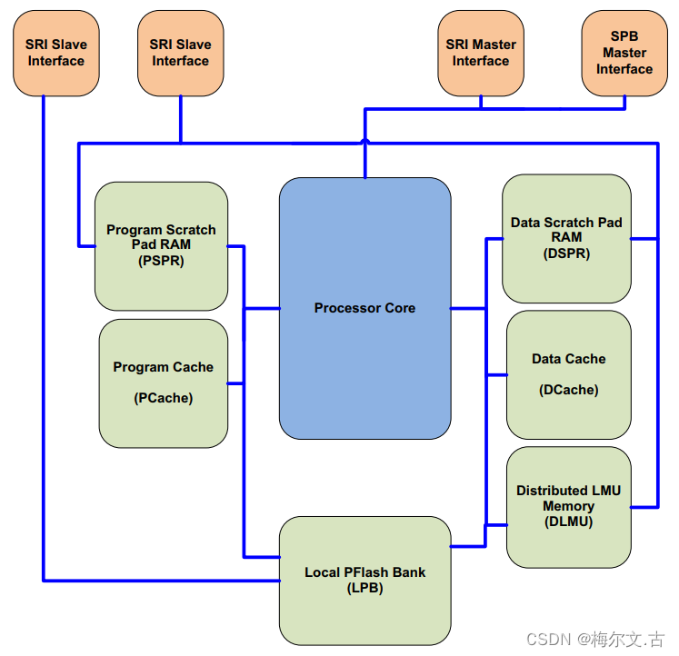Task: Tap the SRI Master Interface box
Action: tap(480, 53)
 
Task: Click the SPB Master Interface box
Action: tap(624, 53)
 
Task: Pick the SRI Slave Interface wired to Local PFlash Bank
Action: tap(55, 53)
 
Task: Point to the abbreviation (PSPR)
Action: tap(161, 261)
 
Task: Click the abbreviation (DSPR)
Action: tap(566, 253)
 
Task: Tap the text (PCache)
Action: tap(164, 398)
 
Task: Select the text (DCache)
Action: tap(568, 390)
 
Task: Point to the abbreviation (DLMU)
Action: tap(568, 522)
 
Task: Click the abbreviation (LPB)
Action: tap(364, 588)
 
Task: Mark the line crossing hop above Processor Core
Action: tap(365, 141)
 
